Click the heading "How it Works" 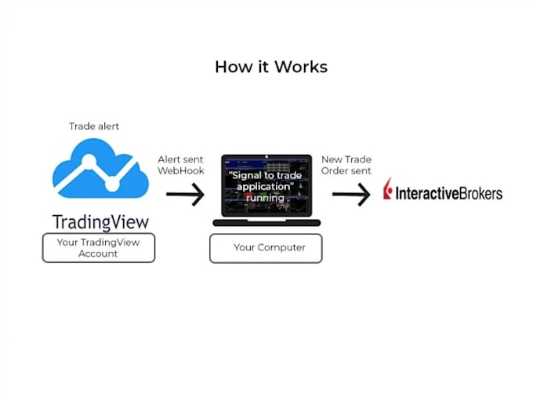[x=271, y=67]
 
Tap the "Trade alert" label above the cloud [x=95, y=126]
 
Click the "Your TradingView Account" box [x=99, y=248]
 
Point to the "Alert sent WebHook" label [x=181, y=165]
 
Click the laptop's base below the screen [x=266, y=223]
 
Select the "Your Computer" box [x=266, y=248]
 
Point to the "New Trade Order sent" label [x=346, y=165]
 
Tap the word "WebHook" [x=181, y=170]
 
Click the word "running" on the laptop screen [x=266, y=198]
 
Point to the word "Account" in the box [x=99, y=254]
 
